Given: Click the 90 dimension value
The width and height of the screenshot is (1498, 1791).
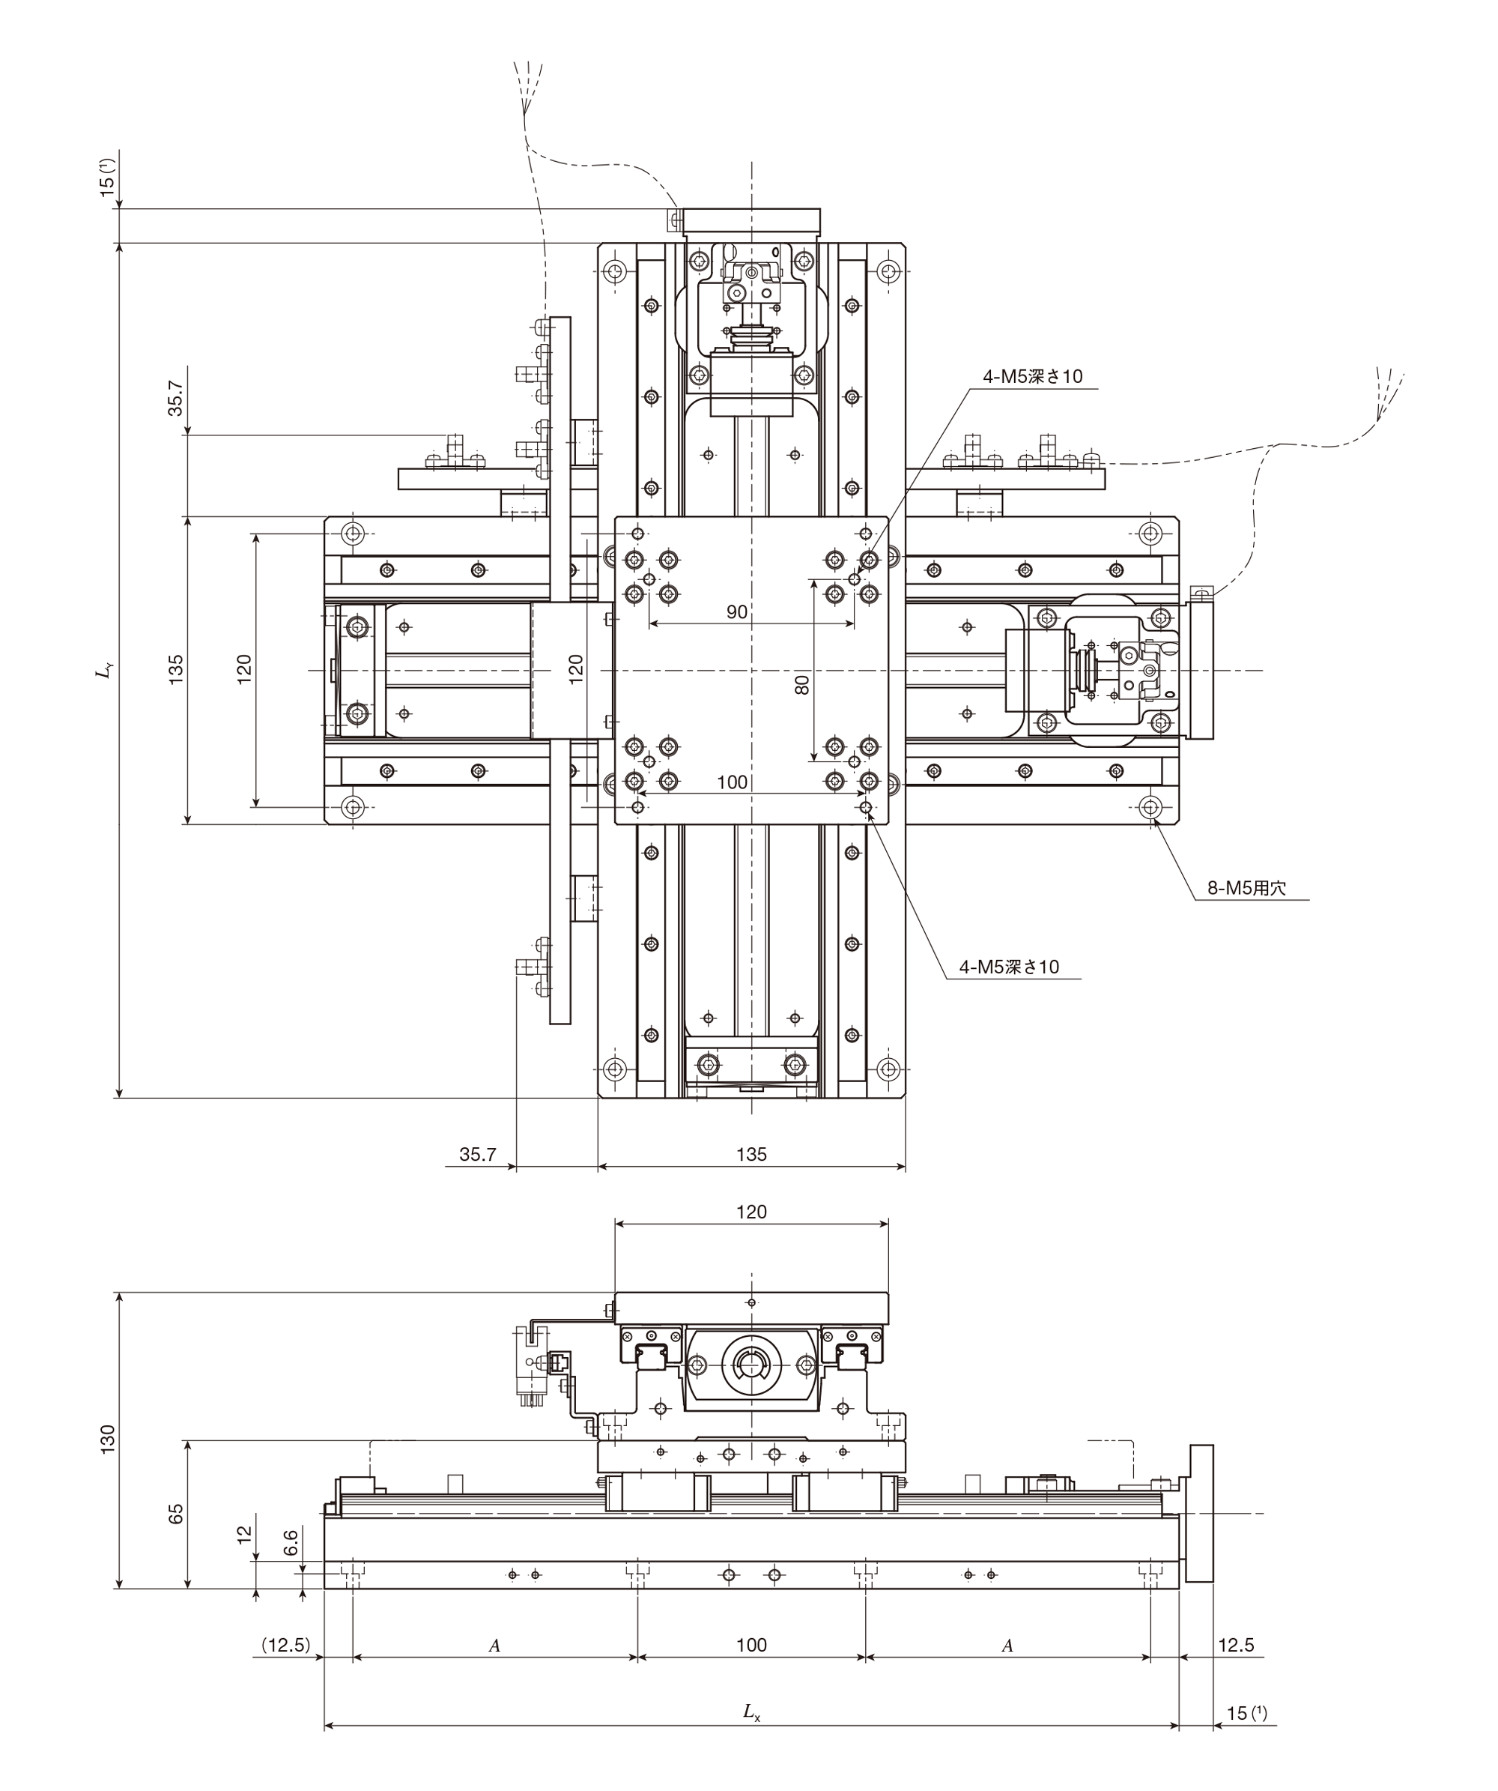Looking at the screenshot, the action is coord(736,611).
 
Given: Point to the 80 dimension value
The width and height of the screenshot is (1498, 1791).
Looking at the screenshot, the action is coord(801,685).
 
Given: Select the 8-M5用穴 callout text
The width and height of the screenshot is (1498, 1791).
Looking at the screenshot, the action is coord(1246,888).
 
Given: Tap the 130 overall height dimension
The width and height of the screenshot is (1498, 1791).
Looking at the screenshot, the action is coord(107,1439).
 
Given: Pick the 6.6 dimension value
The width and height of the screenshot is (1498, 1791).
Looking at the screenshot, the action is coord(291,1542).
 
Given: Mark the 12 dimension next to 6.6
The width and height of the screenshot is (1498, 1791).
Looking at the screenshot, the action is coord(245,1534).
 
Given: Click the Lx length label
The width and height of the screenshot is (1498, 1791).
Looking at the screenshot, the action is coord(751,1711).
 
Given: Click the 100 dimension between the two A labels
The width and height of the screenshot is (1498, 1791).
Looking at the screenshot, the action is coord(751,1645).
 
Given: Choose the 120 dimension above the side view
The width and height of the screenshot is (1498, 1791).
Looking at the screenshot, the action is coord(751,1212).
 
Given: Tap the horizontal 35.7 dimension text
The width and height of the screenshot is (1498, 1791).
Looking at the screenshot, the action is coord(477,1154).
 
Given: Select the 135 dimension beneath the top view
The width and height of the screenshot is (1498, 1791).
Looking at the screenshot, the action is coord(751,1154).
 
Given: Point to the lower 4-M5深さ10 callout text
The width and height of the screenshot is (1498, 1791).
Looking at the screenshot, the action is coord(1009,966).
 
